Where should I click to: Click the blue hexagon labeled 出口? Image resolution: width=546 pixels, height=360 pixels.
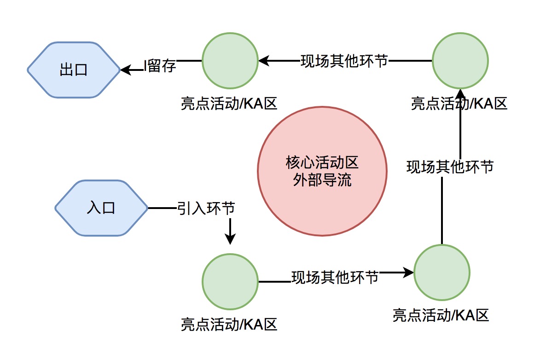(x=74, y=70)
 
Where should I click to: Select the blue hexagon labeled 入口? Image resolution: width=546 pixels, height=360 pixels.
(x=101, y=208)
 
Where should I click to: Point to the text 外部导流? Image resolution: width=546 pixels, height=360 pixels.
(x=322, y=180)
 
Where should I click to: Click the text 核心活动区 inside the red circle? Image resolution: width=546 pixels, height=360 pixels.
(x=322, y=163)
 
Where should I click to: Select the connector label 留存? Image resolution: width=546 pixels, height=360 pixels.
(x=162, y=66)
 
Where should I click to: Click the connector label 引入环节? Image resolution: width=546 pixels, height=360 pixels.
(x=206, y=208)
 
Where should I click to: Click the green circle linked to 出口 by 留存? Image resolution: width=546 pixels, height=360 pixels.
(x=230, y=60)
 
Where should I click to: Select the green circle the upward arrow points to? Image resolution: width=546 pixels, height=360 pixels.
(x=460, y=60)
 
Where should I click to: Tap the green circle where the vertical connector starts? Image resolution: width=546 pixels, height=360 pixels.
(x=441, y=272)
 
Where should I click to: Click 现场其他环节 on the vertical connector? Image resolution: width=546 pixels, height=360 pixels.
(x=450, y=166)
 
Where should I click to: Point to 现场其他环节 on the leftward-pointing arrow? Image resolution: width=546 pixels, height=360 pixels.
(x=344, y=61)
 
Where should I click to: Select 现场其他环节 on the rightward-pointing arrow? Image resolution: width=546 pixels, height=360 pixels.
(x=335, y=277)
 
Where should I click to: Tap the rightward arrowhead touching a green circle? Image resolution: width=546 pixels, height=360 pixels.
(x=409, y=273)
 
